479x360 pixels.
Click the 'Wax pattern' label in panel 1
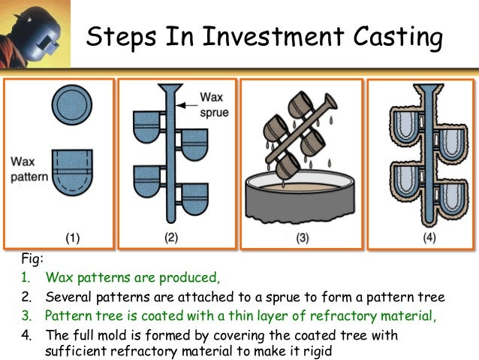click(x=29, y=168)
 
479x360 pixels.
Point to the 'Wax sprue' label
click(x=213, y=102)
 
